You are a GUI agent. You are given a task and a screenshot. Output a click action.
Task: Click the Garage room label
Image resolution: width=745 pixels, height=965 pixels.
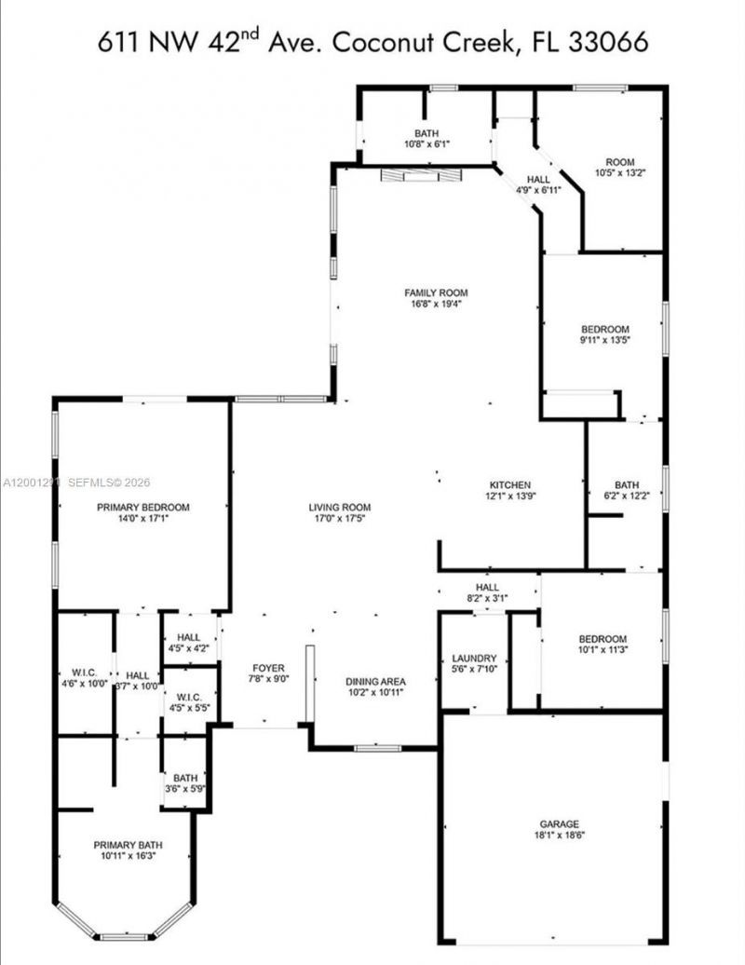559,823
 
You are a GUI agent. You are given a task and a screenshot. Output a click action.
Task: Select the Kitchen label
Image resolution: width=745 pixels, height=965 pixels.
510,484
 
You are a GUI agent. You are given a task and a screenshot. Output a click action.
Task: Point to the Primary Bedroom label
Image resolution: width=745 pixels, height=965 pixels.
143,507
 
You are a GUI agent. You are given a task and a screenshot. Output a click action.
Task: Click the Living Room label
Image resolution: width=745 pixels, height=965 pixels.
341,507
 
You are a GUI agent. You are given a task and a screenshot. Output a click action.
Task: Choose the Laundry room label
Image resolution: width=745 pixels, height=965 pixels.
474,658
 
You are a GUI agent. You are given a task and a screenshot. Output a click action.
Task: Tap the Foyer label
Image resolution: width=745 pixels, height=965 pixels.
268,668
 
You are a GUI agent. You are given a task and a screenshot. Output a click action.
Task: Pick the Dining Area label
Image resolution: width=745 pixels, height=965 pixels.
375,681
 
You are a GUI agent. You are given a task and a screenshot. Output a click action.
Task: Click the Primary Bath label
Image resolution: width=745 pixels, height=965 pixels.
124,845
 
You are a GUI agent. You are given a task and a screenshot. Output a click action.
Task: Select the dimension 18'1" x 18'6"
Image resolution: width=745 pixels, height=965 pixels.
559,835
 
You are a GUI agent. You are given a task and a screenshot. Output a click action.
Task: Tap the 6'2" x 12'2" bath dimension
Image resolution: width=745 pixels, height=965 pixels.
626,496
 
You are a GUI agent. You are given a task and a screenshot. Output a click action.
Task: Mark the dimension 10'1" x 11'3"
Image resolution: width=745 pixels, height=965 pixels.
602,649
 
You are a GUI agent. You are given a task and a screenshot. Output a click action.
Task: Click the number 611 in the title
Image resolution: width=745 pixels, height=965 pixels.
119,43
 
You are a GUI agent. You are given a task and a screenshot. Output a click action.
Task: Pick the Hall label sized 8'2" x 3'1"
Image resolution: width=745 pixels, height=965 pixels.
487,588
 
